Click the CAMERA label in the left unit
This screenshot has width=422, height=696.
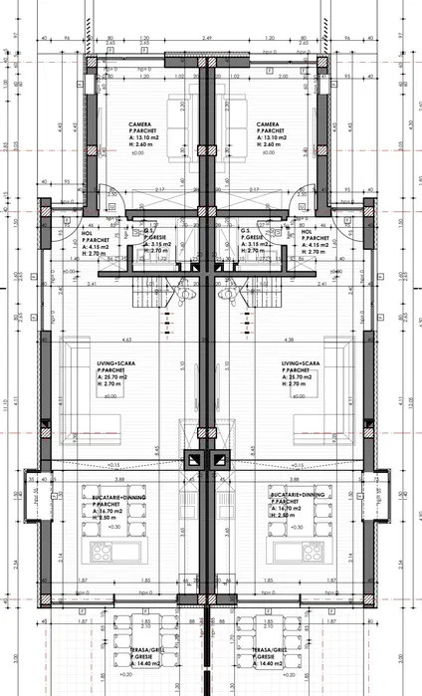[x=139, y=124]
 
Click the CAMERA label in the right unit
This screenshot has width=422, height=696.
[x=268, y=124]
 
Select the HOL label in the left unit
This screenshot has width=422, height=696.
[x=86, y=234]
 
